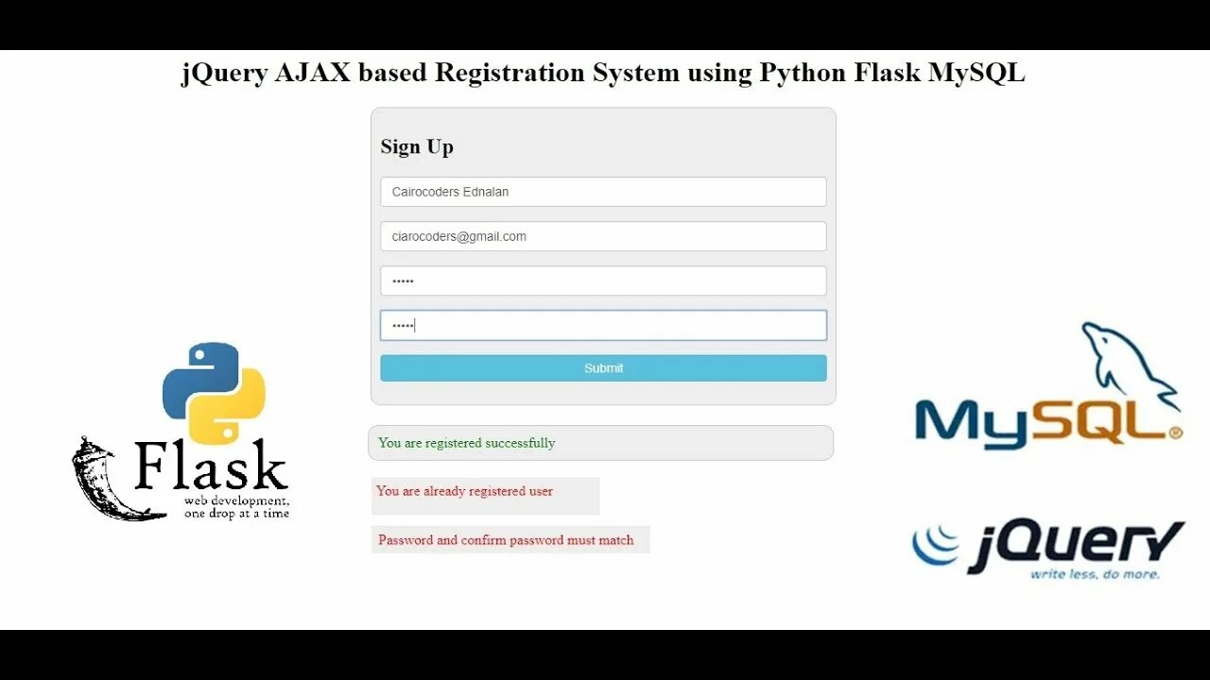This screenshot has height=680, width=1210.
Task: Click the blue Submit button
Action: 603,368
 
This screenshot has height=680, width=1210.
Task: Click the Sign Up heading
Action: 417,146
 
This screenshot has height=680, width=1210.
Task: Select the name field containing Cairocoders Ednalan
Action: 603,192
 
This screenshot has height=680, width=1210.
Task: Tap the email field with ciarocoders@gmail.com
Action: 603,236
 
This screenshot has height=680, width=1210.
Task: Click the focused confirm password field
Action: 603,325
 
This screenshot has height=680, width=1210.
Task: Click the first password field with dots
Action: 603,280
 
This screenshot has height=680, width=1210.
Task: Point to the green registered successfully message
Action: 467,443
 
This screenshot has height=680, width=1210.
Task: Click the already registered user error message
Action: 465,491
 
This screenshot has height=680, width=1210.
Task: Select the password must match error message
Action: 506,540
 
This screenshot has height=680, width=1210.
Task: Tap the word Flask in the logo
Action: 210,466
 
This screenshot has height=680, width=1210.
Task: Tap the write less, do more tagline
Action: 1094,574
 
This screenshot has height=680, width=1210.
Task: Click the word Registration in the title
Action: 510,74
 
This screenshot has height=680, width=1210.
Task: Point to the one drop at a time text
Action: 236,514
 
